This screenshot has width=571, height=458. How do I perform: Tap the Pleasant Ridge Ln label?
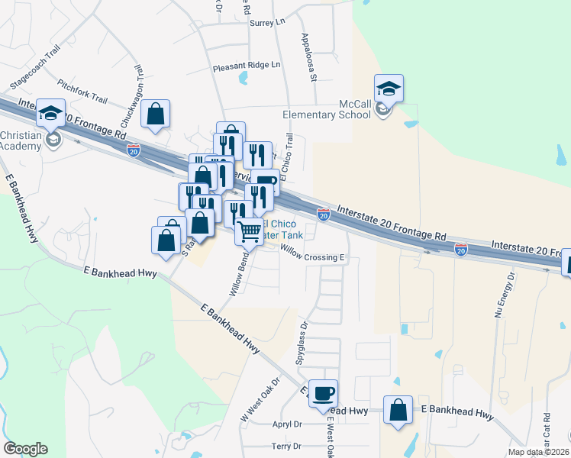click(x=246, y=66)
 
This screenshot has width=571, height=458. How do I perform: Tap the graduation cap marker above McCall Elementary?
click(x=389, y=88)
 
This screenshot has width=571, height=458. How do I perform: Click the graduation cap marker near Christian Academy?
click(x=50, y=114)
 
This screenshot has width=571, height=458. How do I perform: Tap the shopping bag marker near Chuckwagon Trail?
click(x=155, y=114)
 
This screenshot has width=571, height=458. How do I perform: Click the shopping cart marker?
click(x=249, y=230)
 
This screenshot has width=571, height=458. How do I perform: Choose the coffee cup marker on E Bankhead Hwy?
click(x=324, y=392)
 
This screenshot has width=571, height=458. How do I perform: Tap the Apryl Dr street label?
click(x=287, y=424)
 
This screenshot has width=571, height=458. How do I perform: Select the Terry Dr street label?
click(x=286, y=446)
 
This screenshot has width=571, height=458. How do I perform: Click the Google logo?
click(x=25, y=449)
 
